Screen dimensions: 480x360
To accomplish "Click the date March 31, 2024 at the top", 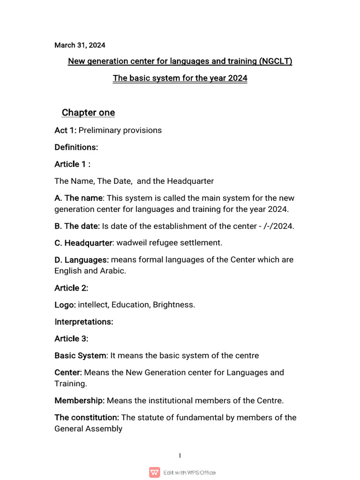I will coord(80,45).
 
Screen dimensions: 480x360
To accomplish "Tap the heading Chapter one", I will coord(88,113).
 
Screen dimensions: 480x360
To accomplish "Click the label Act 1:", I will coord(65,130).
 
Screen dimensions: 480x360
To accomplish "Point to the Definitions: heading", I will coord(76,147).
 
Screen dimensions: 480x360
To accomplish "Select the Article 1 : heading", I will coord(72,164).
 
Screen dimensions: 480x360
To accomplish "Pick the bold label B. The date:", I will coord(77,226).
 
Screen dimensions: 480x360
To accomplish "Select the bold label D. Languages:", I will coord(82,260).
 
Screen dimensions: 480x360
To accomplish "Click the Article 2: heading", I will coord(71,288).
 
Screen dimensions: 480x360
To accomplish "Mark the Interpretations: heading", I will coord(83,322).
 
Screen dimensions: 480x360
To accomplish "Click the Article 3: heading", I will coord(71,338).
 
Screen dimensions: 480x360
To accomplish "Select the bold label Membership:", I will coord(79,400).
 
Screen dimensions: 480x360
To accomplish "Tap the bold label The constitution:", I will coord(87,417).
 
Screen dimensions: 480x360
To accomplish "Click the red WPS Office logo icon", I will coord(154,472).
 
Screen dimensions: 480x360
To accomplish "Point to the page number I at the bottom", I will coord(180,456).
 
